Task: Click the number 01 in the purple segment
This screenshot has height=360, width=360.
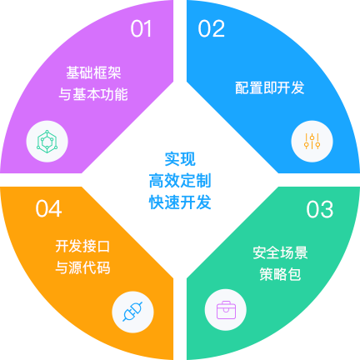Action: click(x=141, y=28)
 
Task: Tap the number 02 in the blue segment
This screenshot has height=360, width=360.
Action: click(x=211, y=28)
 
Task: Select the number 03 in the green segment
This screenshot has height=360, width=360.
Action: click(x=320, y=209)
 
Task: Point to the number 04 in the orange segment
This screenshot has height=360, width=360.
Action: click(x=48, y=208)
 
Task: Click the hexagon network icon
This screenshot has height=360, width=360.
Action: click(x=47, y=142)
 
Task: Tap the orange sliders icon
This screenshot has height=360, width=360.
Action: click(x=312, y=141)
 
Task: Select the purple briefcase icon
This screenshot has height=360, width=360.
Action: click(x=226, y=310)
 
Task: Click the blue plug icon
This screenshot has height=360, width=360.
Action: click(x=132, y=312)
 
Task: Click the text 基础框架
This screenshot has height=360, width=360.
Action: click(x=93, y=72)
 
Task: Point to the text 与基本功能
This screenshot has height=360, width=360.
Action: click(x=93, y=94)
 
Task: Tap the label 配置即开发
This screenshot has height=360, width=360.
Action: click(x=270, y=87)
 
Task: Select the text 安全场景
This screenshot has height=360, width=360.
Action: click(x=280, y=252)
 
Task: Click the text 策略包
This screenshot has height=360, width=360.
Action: click(x=280, y=274)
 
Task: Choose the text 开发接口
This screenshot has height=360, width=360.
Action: click(x=82, y=246)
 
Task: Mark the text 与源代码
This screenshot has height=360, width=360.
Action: click(x=82, y=267)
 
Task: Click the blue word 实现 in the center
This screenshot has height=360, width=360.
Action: click(x=180, y=159)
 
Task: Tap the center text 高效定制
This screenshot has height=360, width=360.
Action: click(x=180, y=181)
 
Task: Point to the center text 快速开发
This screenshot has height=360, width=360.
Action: click(x=180, y=202)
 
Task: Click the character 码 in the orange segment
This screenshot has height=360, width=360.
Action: click(x=103, y=267)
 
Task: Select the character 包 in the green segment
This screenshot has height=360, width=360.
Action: click(x=294, y=274)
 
